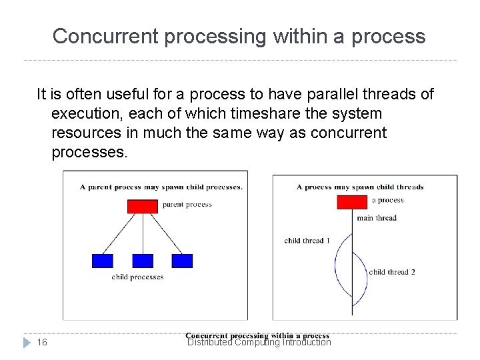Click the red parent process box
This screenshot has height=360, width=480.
142,206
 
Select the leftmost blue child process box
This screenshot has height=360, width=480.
102,261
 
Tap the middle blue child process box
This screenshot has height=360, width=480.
143,261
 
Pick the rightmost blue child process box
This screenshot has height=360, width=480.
182,261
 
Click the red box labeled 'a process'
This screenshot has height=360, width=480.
352,202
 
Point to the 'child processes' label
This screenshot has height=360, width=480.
137,277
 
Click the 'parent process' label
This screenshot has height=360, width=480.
187,205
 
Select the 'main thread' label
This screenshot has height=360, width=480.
376,218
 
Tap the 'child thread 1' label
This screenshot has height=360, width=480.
307,241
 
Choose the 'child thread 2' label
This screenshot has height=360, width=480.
392,272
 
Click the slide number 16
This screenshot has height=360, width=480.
42,342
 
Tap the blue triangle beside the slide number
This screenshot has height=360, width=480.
27,342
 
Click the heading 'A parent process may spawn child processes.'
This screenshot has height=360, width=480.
161,187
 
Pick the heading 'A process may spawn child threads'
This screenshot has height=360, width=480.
360,187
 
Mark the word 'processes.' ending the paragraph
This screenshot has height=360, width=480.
89,152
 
